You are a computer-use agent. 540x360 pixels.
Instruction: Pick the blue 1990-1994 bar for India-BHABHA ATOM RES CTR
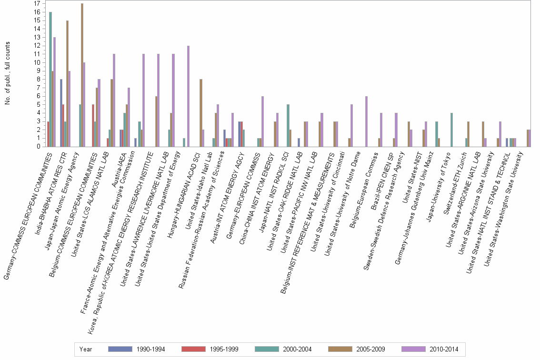pos(61,112)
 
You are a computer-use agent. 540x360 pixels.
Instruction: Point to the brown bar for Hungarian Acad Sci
pos(201,112)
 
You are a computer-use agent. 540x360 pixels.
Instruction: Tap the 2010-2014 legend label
pos(444,350)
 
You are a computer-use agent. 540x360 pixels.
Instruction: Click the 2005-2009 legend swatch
pos(339,350)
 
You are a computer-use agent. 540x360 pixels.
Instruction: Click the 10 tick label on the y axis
pos(36,62)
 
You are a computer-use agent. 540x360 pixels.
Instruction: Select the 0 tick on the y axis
pos(37,146)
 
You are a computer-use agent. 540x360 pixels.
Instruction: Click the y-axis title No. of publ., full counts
pos(8,73)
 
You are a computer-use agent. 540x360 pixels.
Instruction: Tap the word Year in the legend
pos(86,350)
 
